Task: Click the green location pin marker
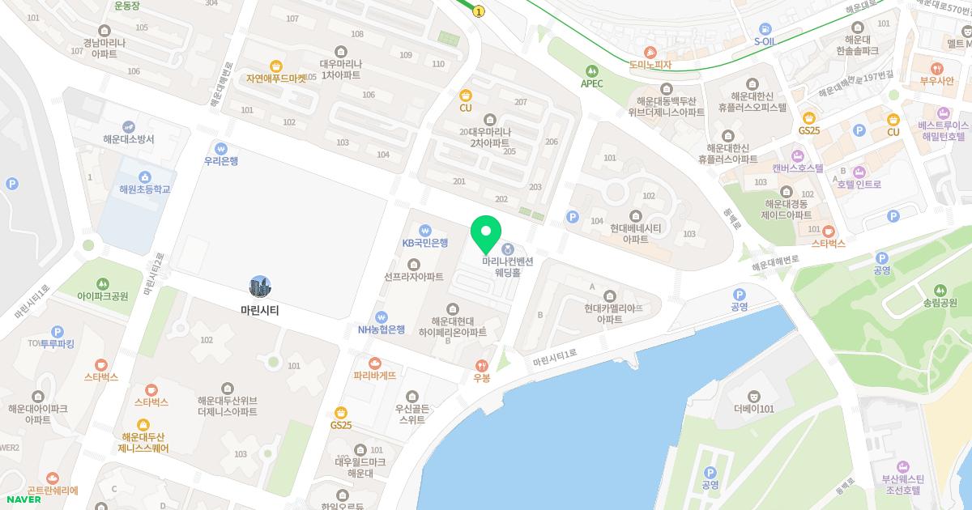pyautogui.click(x=486, y=233)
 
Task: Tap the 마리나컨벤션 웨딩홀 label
pyautogui.click(x=508, y=267)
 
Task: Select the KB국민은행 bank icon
pyautogui.click(x=425, y=230)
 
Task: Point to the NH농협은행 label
pyautogui.click(x=382, y=329)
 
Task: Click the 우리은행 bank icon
pyautogui.click(x=220, y=148)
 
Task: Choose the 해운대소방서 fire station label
pyautogui.click(x=129, y=139)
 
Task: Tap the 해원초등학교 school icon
pyautogui.click(x=144, y=176)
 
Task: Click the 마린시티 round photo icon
pyautogui.click(x=260, y=287)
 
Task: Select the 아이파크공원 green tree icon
pyautogui.click(x=103, y=283)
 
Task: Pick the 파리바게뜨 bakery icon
pyautogui.click(x=374, y=363)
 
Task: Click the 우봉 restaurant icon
pyautogui.click(x=482, y=365)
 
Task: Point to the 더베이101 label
pyautogui.click(x=754, y=409)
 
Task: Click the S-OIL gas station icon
pyautogui.click(x=765, y=29)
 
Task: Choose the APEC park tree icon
pyautogui.click(x=591, y=70)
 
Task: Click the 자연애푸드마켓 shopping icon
pyautogui.click(x=276, y=66)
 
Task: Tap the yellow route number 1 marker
pyautogui.click(x=479, y=11)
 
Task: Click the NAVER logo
pyautogui.click(x=23, y=499)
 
